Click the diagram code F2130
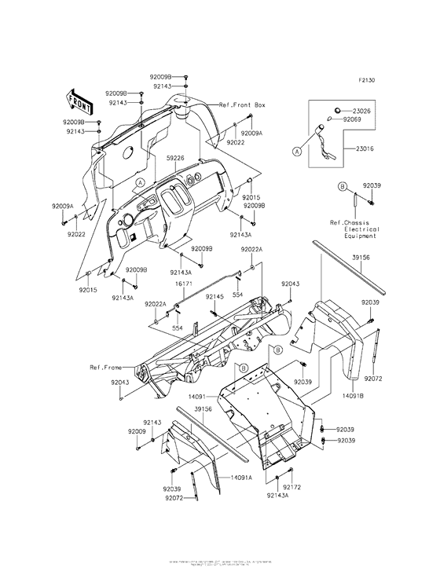pos(368,80)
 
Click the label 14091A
pos(241,477)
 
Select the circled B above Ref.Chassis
pos(342,186)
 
